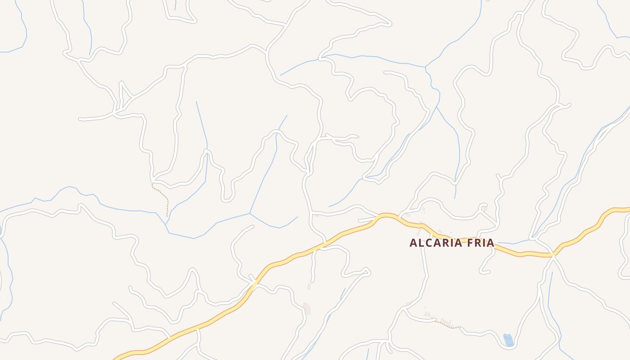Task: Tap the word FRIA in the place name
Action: (481, 243)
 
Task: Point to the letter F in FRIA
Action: (471, 243)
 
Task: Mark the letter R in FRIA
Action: (478, 243)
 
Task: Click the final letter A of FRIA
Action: (490, 243)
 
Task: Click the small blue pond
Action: (508, 340)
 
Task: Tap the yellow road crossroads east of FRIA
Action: (553, 255)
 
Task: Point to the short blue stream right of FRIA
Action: (513, 242)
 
